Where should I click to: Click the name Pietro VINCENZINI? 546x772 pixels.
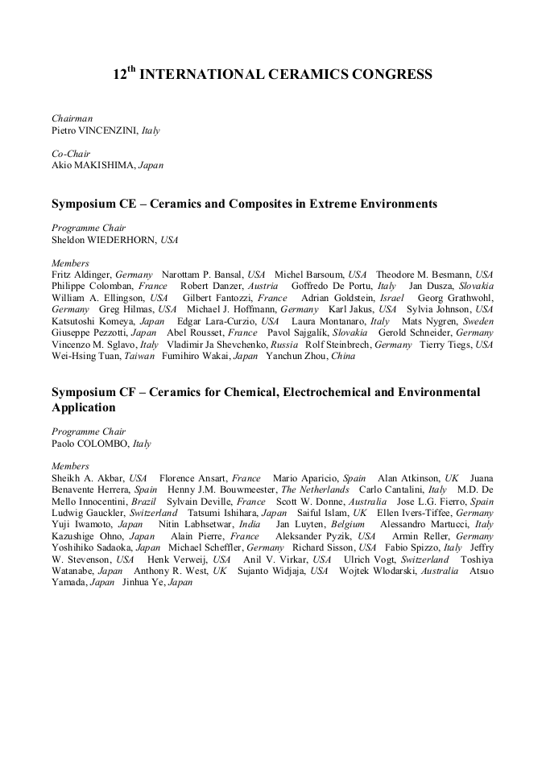(95, 130)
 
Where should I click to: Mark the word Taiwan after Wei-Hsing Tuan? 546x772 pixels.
(138, 356)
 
